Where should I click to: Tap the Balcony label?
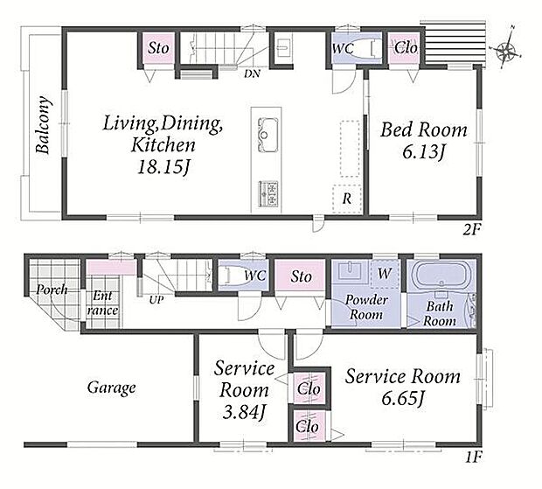pyautogui.click(x=43, y=125)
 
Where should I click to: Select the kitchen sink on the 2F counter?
pyautogui.click(x=268, y=135)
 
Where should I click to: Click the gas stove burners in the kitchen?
pyautogui.click(x=268, y=193)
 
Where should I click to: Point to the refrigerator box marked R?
pyautogui.click(x=347, y=199)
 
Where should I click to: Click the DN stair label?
pyautogui.click(x=252, y=73)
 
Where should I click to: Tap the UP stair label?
pyautogui.click(x=156, y=300)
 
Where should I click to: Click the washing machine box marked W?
pyautogui.click(x=385, y=274)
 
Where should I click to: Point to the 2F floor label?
pyautogui.click(x=472, y=230)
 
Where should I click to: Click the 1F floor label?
pyautogui.click(x=473, y=458)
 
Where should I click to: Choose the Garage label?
pyautogui.click(x=111, y=388)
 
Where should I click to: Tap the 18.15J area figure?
pyautogui.click(x=163, y=167)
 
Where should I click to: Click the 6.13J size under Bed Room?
pyautogui.click(x=423, y=151)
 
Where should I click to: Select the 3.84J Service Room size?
pyautogui.click(x=244, y=412)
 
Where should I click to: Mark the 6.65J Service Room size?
pyautogui.click(x=403, y=399)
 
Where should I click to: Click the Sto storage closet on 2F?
pyautogui.click(x=158, y=48)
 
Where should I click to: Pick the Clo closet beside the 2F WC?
pyautogui.click(x=406, y=48)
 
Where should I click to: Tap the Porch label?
pyautogui.click(x=52, y=289)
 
